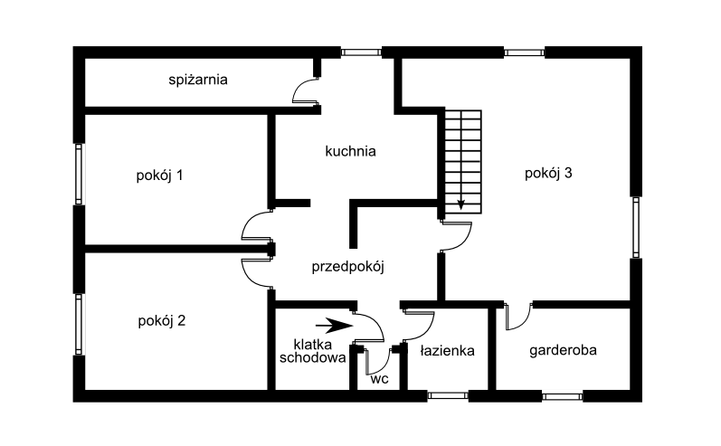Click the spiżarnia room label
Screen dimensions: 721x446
click(x=198, y=80)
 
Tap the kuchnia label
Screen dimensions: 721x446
click(x=350, y=151)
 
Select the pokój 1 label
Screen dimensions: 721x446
click(x=159, y=176)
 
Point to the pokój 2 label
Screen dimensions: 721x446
click(x=161, y=320)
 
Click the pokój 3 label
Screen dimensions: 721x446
click(x=548, y=174)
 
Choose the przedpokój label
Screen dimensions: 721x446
click(x=347, y=267)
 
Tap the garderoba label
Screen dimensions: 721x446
click(x=563, y=350)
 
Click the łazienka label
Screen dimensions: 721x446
click(x=447, y=351)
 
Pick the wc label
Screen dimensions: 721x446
click(x=379, y=379)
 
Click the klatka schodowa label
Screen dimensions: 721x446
click(x=313, y=351)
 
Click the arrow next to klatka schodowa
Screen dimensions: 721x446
click(x=334, y=326)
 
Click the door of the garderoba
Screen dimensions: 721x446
click(x=518, y=316)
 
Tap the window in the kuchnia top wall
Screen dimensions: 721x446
click(x=361, y=52)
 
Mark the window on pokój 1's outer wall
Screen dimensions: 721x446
click(x=79, y=174)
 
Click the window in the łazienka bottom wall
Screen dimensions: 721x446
click(x=448, y=395)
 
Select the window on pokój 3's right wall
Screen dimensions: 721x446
click(x=636, y=227)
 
